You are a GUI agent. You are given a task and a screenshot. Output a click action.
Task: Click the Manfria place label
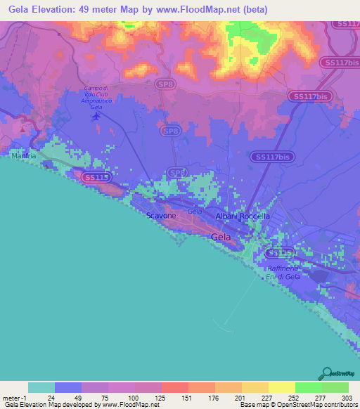coord(23,155)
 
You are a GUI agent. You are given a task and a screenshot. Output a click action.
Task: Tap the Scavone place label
coord(161,216)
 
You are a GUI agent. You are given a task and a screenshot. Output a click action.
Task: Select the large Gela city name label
coord(220,238)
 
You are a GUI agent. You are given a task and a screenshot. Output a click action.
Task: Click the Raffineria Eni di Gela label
coord(283,273)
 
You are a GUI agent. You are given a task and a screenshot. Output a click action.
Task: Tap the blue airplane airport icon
coord(96,116)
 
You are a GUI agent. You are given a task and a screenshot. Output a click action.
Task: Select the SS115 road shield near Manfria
coord(95,178)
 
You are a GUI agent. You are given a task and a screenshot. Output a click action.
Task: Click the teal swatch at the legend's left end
coord(41,387)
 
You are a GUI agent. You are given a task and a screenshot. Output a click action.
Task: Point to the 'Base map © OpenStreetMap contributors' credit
coord(297,405)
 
